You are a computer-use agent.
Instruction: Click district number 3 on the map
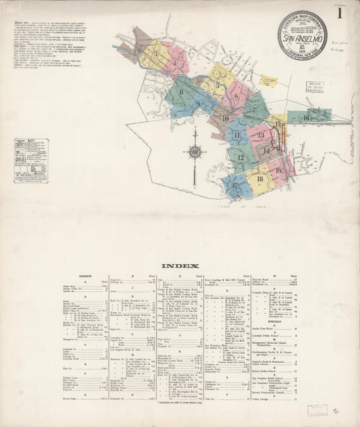coord(156,51)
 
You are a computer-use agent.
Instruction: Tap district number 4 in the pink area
coord(177,65)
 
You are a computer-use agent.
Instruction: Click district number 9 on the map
coord(198,103)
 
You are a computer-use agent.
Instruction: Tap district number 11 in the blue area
coord(236,135)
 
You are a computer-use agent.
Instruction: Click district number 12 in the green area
coord(239,156)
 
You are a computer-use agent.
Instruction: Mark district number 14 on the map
coord(267,151)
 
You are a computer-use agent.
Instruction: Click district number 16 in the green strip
coord(306,118)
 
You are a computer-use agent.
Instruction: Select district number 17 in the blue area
coord(234,184)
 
